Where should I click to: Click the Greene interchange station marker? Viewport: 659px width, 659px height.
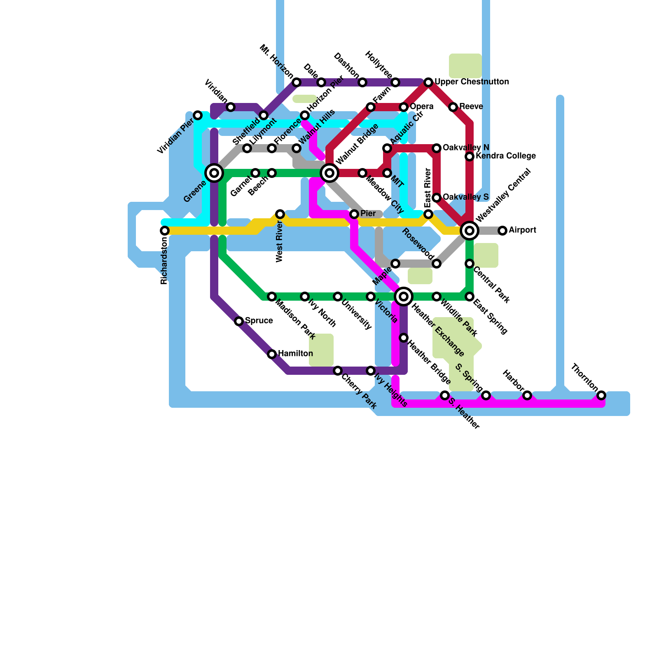pos(214,173)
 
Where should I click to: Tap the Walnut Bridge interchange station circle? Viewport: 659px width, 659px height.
pos(329,173)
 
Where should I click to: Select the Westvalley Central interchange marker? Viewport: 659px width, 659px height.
pos(470,230)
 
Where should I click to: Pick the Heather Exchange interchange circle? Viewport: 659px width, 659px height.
pos(404,296)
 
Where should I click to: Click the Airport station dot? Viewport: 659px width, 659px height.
pos(502,231)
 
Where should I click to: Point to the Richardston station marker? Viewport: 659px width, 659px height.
pos(165,231)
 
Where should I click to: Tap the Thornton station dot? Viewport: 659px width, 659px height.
pos(601,395)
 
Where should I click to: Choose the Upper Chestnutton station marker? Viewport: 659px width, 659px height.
pos(428,82)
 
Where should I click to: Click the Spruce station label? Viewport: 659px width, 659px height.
pos(259,320)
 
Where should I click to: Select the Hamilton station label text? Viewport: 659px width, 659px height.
pos(295,353)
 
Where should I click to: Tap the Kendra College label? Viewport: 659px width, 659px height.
pos(505,156)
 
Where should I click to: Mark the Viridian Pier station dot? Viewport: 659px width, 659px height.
pos(198,115)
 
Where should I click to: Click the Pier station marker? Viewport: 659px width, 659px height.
pos(354,214)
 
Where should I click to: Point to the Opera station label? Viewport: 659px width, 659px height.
pos(421,106)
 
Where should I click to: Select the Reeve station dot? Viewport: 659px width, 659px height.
pos(453,107)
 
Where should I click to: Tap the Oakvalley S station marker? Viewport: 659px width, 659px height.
pos(437,198)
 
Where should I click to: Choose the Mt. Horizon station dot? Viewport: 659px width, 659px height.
pos(297,82)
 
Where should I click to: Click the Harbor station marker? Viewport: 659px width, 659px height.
pos(527,395)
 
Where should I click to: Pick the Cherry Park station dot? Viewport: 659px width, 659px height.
pos(338,371)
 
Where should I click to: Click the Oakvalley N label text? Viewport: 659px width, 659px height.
pos(466,147)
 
